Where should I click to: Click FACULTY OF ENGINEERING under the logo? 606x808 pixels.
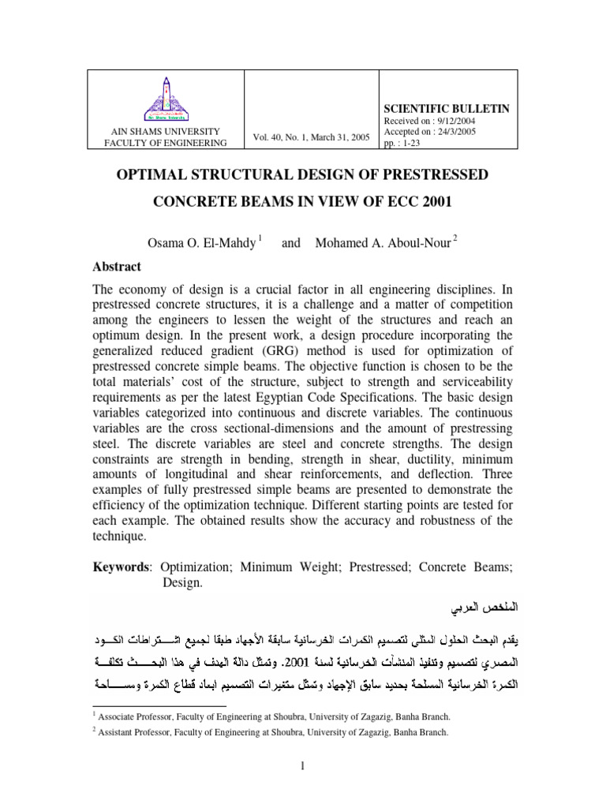(165, 143)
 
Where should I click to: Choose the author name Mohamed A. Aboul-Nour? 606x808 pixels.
(383, 243)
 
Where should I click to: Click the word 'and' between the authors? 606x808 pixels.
(291, 243)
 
